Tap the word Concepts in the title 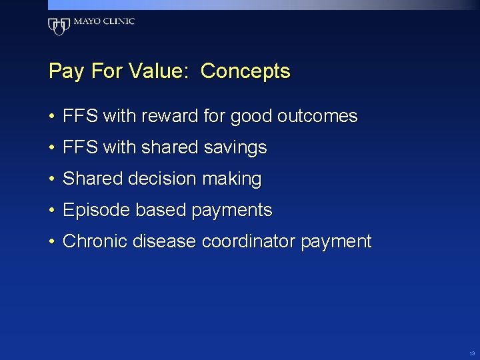point(245,71)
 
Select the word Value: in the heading point(161,71)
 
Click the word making point(233,179)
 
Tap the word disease point(165,241)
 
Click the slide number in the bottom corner point(471,353)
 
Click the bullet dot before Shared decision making point(51,179)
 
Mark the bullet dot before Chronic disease point(51,241)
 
